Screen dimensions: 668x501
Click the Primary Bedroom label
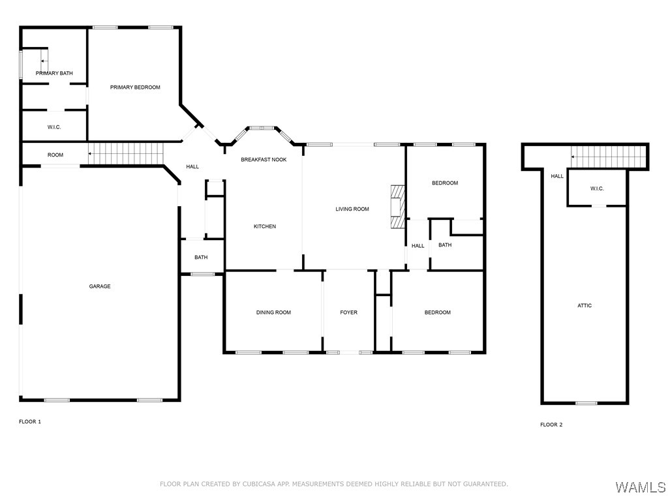click(135, 87)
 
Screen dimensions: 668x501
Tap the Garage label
click(100, 286)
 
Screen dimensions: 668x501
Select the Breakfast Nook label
click(264, 160)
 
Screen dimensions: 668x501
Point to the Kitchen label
click(265, 226)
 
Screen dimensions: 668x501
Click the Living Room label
click(352, 209)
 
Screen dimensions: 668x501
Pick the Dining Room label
click(273, 312)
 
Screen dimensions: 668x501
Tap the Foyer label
click(348, 312)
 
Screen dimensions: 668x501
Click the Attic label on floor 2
click(584, 305)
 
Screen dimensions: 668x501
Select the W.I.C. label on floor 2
click(597, 189)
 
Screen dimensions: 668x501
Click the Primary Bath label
click(54, 73)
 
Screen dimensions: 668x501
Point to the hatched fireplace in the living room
click(397, 207)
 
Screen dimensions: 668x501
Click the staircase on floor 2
click(609, 157)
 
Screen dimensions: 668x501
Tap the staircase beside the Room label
click(126, 153)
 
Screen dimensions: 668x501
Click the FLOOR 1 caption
click(30, 422)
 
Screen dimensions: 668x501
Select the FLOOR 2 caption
click(551, 425)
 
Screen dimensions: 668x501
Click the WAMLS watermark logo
click(641, 487)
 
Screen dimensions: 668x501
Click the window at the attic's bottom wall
click(586, 403)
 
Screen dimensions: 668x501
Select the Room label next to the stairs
click(55, 155)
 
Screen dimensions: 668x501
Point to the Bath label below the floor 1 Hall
click(201, 257)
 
